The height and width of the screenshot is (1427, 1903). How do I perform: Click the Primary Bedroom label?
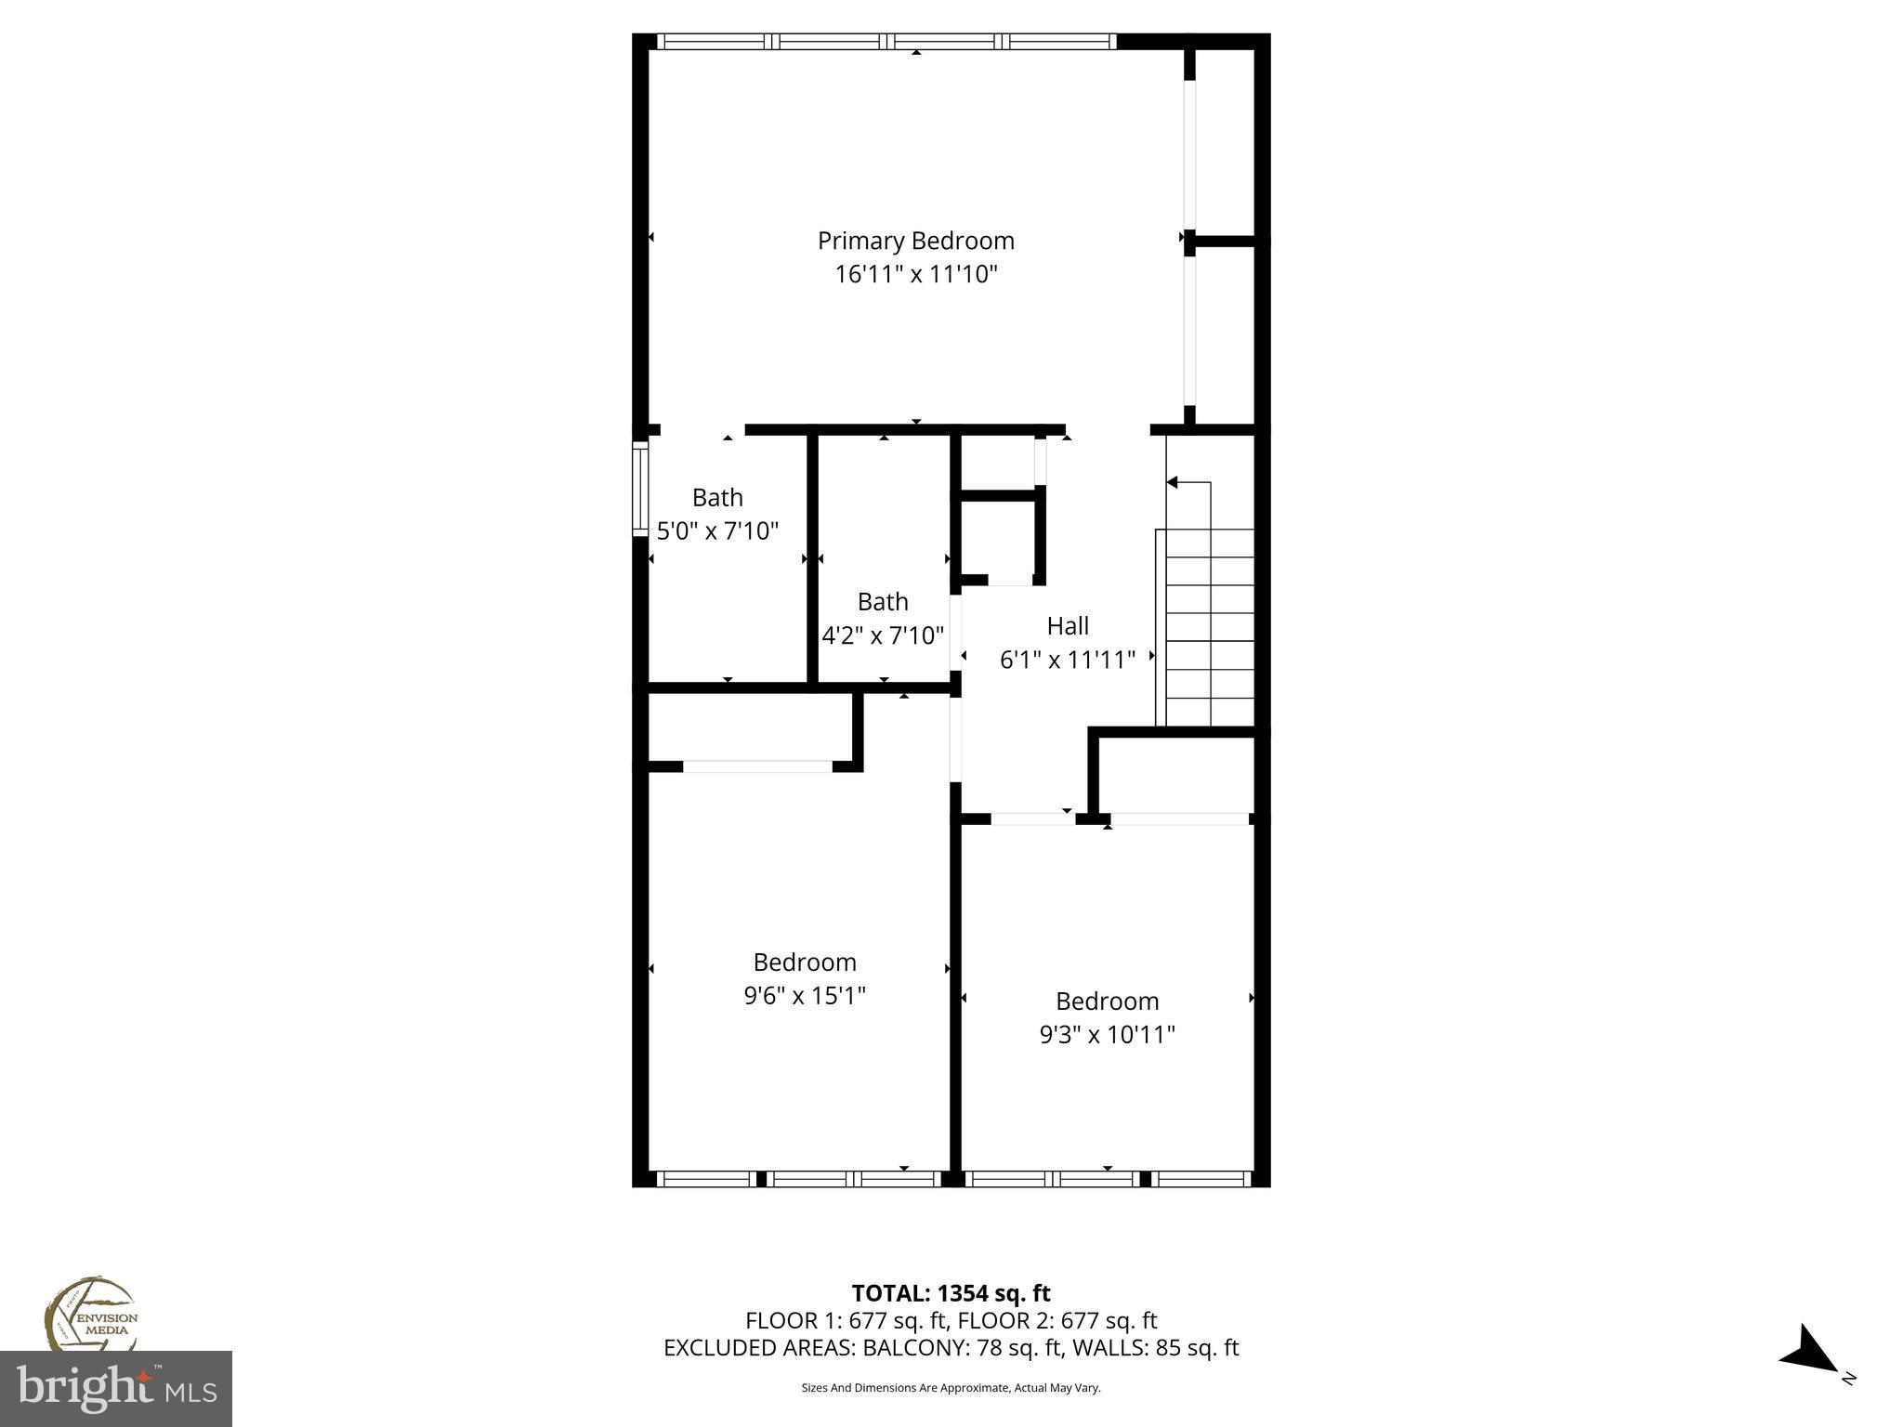[915, 241]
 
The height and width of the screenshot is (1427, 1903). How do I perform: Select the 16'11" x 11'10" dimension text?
[915, 275]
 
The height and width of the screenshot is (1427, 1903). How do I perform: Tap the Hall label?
[1067, 626]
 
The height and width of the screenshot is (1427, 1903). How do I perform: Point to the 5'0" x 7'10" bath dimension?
[717, 531]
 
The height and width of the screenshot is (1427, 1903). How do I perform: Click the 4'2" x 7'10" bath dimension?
[882, 636]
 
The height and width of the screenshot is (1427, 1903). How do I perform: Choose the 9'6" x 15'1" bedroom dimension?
[805, 996]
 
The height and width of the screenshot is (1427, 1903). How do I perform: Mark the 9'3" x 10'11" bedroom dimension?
[1107, 1035]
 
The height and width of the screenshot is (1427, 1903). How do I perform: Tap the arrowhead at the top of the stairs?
[1173, 482]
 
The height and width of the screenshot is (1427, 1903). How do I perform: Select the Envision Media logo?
[90, 1315]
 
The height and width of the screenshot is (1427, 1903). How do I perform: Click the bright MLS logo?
[115, 1389]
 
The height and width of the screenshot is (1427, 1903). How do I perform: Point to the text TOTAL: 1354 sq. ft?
[951, 1293]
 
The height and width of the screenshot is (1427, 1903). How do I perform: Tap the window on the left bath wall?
[639, 488]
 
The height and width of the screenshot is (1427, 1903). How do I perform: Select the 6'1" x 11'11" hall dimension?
[1067, 661]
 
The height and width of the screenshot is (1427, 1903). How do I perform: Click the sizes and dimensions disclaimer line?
[951, 1388]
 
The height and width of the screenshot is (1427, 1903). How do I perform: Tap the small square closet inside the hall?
[998, 539]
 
